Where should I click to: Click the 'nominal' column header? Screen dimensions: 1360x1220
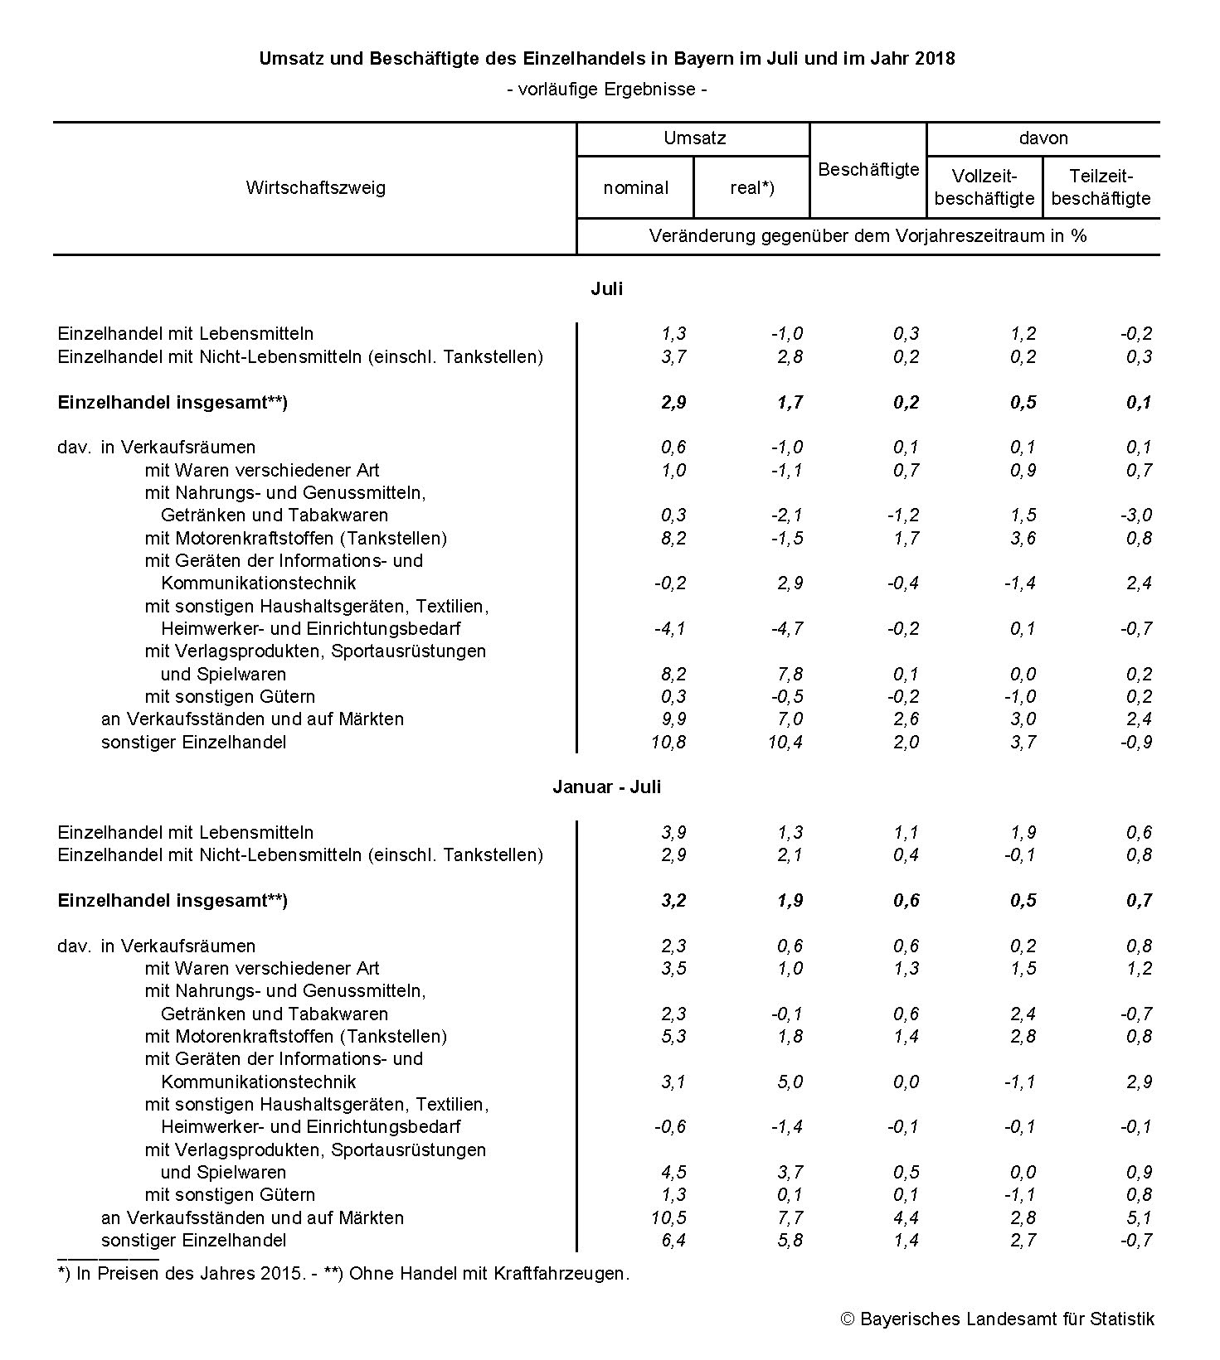point(635,188)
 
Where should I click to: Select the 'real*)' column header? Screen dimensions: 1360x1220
point(751,188)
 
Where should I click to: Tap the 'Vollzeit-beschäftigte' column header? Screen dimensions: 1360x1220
point(984,187)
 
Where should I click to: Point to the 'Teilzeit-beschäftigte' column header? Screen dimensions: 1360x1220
point(1101,187)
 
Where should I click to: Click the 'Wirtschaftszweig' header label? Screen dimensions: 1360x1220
point(315,188)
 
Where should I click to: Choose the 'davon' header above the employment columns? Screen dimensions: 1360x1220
point(1043,138)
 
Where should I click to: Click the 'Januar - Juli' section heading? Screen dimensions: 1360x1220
point(606,787)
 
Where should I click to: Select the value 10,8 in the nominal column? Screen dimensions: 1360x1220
point(668,743)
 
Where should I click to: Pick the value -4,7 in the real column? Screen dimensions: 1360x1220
point(786,629)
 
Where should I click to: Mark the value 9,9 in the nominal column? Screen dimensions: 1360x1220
point(673,719)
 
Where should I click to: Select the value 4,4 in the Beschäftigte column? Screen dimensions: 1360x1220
point(906,1218)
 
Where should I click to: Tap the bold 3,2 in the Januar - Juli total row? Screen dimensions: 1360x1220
point(673,901)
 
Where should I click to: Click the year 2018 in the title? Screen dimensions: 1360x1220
point(936,59)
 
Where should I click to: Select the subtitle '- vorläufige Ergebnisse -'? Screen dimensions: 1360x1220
point(606,90)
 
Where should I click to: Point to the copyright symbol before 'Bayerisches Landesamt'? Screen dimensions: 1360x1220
point(848,1319)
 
